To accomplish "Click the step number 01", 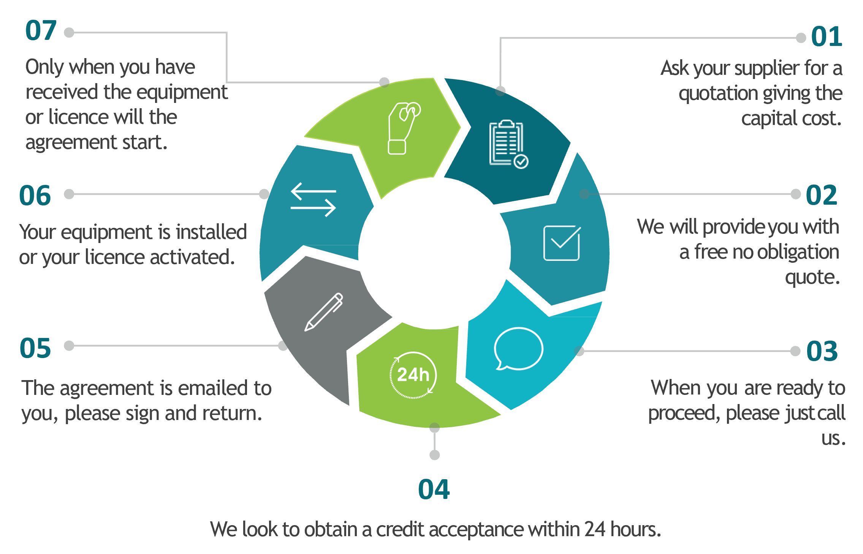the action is click(x=827, y=36).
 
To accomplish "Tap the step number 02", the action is click(x=822, y=195).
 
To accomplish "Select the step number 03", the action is click(x=822, y=351).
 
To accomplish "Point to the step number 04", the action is click(x=434, y=489).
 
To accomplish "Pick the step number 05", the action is click(x=35, y=348).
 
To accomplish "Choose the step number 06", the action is click(x=35, y=196).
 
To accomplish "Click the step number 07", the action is click(x=41, y=30).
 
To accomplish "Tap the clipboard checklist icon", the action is click(x=508, y=144).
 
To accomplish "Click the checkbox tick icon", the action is click(x=562, y=243).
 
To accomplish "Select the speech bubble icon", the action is click(x=518, y=349).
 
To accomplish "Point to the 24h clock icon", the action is click(x=413, y=375).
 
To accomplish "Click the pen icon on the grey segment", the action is click(x=324, y=312).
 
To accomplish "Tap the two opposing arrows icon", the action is click(x=314, y=200).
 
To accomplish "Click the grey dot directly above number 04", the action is click(x=435, y=455).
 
